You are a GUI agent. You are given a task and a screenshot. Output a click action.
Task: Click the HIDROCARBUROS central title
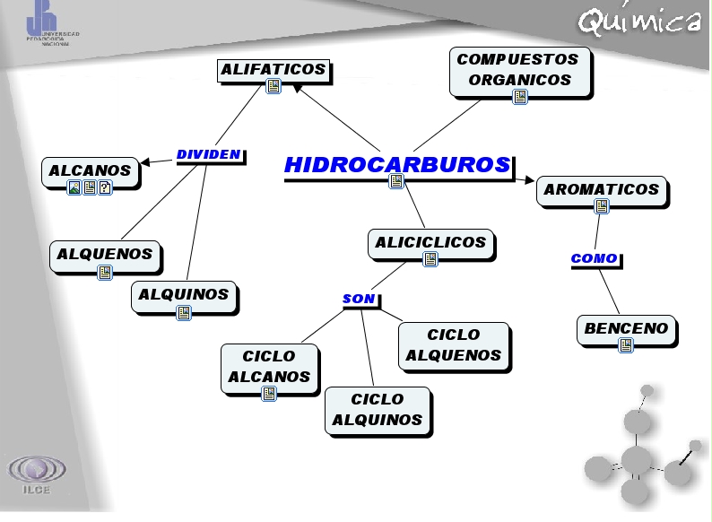397,165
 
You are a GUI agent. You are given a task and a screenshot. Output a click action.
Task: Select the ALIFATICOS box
274,70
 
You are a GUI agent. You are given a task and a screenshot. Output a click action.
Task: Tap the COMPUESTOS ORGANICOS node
519,70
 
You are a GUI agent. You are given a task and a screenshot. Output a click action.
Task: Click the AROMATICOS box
601,190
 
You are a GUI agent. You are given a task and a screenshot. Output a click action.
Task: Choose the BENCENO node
626,329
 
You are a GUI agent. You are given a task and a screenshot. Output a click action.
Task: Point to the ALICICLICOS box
430,243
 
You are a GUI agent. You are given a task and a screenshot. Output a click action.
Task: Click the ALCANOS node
90,170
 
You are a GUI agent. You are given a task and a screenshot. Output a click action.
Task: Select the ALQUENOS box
105,255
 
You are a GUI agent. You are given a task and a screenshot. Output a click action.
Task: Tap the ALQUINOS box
184,295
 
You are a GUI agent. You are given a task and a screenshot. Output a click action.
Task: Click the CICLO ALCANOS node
269,367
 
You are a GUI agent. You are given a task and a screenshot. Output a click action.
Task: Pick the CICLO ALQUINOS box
377,410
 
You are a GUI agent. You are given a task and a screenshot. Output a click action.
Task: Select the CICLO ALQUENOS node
453,345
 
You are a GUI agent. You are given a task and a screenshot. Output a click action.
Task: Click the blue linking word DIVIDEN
208,154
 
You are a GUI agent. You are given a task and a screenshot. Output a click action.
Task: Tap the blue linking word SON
359,299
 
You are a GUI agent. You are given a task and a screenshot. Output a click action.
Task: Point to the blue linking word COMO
594,258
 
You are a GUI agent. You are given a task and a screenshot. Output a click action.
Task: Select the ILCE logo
37,474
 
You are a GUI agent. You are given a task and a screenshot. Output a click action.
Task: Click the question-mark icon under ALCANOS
105,187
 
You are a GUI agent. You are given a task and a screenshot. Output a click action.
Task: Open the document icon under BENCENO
626,345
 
